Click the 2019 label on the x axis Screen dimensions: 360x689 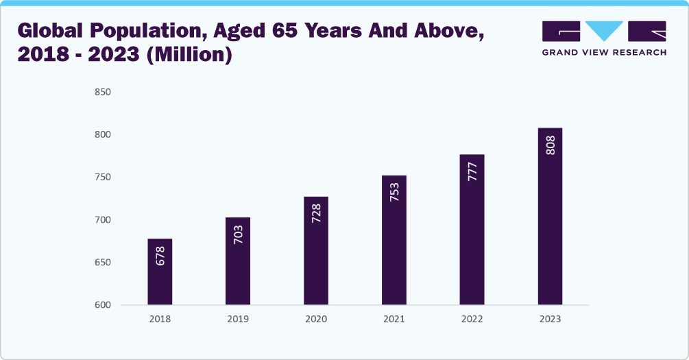[238, 320]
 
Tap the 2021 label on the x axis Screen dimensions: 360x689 [394, 320]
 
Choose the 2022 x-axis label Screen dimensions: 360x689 [472, 320]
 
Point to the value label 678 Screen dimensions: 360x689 [160, 256]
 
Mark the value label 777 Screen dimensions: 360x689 [472, 172]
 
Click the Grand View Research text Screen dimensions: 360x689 [603, 53]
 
